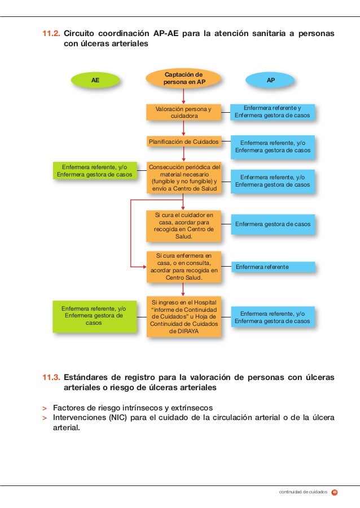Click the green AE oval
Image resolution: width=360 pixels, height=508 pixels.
pos(96,80)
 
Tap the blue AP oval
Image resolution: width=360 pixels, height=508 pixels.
pos(271,80)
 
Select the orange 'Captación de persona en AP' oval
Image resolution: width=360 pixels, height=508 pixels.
pos(184,78)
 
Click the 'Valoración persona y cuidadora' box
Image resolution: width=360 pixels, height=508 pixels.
pos(183,112)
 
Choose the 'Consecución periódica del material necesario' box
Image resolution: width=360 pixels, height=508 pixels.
pos(183,178)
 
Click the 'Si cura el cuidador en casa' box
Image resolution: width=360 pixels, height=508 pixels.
pos(183,226)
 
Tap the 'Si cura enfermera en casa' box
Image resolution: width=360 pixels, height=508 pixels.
pos(183,266)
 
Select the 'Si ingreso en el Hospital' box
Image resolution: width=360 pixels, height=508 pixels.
pos(183,316)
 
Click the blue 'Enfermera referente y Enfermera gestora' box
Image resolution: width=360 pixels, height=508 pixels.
pos(272,112)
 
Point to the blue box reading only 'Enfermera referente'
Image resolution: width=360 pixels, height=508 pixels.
pos(272,266)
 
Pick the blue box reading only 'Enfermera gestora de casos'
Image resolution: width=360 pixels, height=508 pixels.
pos(272,224)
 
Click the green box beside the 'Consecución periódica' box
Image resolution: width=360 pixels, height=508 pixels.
pos(95,170)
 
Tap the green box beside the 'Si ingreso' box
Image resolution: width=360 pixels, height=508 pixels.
pos(95,316)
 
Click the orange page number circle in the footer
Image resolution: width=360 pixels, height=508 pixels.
pos(334,492)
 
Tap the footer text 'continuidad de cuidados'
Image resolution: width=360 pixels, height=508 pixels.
pos(304,492)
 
